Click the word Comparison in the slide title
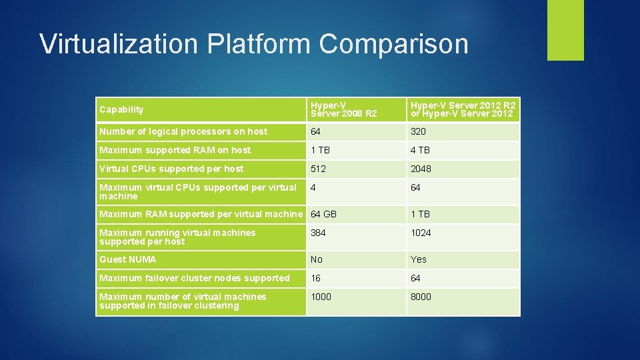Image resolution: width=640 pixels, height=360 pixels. [393, 45]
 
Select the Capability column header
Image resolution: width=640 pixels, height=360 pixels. [121, 109]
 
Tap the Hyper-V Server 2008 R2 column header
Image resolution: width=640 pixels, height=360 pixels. [344, 109]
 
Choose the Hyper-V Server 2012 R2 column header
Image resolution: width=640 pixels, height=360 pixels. [463, 109]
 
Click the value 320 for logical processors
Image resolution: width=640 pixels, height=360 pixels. [418, 131]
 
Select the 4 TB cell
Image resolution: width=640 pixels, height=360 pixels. [420, 150]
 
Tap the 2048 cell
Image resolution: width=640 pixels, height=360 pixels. [421, 169]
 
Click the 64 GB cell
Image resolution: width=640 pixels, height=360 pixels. [324, 214]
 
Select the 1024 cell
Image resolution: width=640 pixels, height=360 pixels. [421, 233]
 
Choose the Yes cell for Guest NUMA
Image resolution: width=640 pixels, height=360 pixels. [419, 259]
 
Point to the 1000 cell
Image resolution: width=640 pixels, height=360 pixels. [321, 297]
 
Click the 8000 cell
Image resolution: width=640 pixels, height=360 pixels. [421, 297]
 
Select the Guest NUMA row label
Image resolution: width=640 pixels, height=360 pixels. [128, 259]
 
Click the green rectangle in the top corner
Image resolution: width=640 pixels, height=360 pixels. [565, 29]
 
